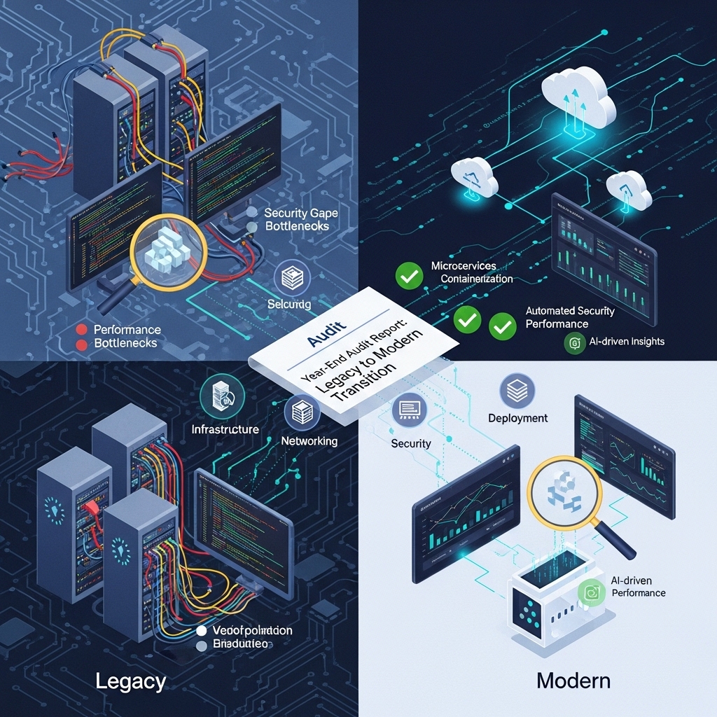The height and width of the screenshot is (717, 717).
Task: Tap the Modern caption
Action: tap(573, 680)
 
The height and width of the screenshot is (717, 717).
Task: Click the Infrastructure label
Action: tap(225, 429)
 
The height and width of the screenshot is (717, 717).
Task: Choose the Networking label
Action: tap(309, 441)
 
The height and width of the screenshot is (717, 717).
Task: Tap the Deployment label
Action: tap(518, 418)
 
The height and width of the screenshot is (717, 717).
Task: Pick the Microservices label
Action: tap(464, 266)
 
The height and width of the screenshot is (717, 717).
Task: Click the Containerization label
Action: tap(477, 279)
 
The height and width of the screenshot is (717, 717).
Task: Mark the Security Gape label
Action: tap(297, 213)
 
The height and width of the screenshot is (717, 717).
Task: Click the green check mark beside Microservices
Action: tap(409, 276)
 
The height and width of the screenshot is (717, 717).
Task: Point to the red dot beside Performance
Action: tap(81, 329)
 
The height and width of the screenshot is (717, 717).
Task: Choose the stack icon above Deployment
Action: tap(517, 391)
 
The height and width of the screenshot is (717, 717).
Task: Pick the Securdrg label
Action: tap(290, 305)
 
